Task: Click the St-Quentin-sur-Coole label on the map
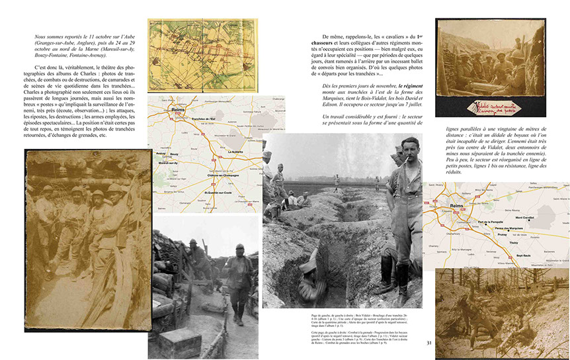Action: [211, 192]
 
